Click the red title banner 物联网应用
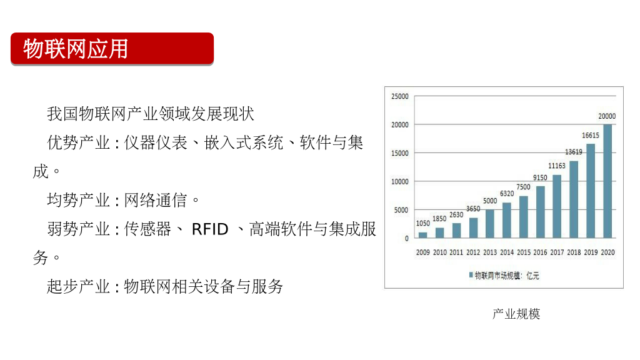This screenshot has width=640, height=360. pos(112,49)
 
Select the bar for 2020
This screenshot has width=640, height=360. pos(607,181)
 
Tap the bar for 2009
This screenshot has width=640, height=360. pos(423,235)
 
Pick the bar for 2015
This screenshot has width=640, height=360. pos(524,217)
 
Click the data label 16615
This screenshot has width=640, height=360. pos(590,136)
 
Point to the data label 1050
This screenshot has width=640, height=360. pos(423,223)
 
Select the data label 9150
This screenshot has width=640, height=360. pos(540,177)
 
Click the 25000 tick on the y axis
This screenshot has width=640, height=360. pos(399,96)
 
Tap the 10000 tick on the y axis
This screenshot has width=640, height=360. pos(399,182)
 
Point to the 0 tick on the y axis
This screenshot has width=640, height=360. pos(406,238)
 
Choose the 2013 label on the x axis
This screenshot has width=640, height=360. pos(490,252)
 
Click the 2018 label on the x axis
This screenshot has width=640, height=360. pos(574,252)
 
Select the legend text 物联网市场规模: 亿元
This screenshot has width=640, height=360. pos(507,276)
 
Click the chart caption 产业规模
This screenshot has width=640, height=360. pos(516,314)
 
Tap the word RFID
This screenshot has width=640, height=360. pos(210,229)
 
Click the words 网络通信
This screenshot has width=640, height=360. pos(155,201)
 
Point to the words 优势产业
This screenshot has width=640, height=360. pos(78,143)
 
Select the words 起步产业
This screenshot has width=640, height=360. pos(78,286)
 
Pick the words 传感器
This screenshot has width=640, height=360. pos(147,229)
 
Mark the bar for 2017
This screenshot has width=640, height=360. pos(557,206)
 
